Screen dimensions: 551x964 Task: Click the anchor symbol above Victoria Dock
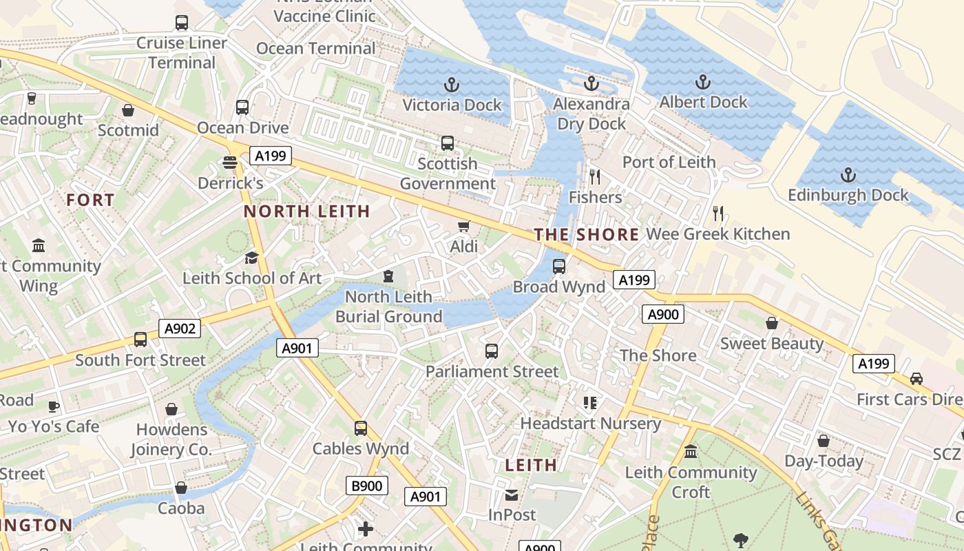pos(451,85)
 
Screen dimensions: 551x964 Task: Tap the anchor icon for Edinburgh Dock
pos(848,175)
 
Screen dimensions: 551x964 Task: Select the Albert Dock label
pos(703,102)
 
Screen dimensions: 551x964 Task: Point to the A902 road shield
pos(180,329)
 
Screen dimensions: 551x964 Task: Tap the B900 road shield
pos(366,486)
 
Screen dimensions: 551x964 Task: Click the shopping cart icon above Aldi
pos(464,227)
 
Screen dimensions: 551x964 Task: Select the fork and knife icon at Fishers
pos(595,177)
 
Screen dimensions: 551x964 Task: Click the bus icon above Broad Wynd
pos(559,266)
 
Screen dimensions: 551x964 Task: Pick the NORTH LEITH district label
pos(307,211)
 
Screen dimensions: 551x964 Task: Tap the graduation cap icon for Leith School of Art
pos(251,258)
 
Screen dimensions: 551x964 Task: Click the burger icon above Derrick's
pos(230,163)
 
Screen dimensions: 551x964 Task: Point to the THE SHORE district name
pos(587,235)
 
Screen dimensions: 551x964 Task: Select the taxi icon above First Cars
pos(916,379)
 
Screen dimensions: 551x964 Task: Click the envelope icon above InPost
pos(512,495)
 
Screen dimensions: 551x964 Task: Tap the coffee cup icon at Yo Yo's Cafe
pos(54,406)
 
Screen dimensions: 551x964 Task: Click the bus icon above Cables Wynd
pos(361,428)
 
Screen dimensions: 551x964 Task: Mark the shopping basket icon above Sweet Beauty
pos(772,323)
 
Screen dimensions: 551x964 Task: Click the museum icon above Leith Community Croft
pos(691,452)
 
